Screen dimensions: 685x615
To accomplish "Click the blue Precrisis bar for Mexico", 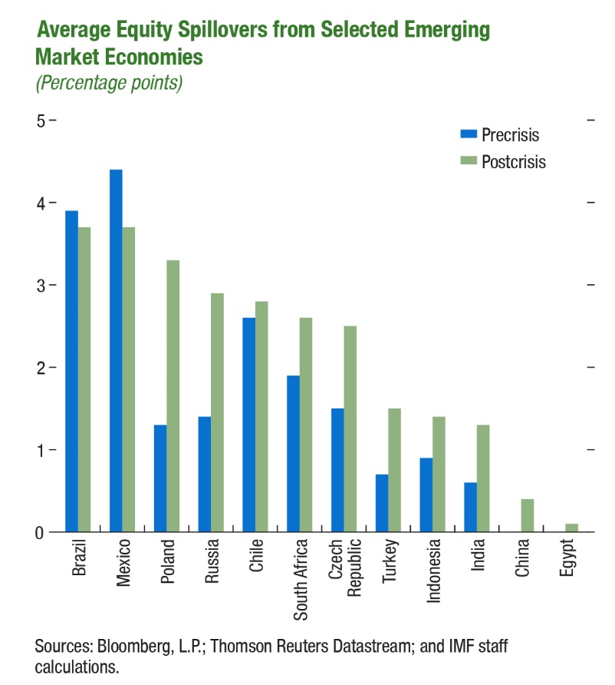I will click(116, 350).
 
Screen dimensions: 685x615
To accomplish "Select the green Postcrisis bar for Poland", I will click(173, 395).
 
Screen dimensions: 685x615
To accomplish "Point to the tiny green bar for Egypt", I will click(571, 528).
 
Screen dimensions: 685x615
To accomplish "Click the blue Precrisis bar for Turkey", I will click(382, 503).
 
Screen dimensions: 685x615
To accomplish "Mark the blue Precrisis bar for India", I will click(470, 507).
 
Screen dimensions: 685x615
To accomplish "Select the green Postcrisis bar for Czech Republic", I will click(350, 429).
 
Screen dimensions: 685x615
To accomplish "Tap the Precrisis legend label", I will click(511, 135).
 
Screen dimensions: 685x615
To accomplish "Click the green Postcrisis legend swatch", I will click(468, 160).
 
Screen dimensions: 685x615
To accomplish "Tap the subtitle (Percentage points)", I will click(109, 83).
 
